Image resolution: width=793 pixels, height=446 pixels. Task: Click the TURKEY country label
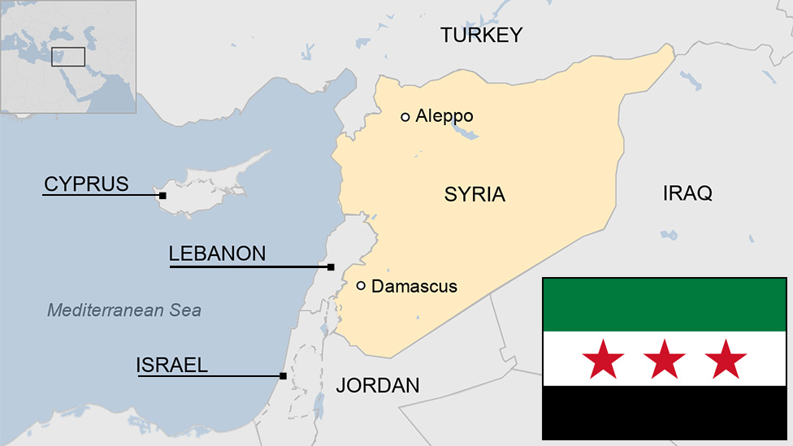pos(481,35)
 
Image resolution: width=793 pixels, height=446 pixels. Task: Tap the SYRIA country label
pos(474,195)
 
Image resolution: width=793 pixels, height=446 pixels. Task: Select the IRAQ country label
pos(687,193)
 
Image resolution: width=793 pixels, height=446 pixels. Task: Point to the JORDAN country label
pos(378,385)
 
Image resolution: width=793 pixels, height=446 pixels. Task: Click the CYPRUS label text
pos(86,184)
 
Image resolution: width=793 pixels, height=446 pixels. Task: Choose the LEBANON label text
pos(217,253)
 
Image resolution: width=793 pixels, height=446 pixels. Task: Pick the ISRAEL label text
pos(171,366)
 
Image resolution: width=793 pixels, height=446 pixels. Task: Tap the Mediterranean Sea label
pos(124,310)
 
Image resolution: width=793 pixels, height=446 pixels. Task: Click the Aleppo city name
pos(444,116)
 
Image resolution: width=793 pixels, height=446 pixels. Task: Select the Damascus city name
pos(414,286)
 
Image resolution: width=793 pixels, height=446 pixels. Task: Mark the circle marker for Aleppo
pos(405,117)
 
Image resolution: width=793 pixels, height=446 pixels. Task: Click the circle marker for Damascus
pos(361,285)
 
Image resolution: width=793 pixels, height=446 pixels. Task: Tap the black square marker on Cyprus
pos(162,196)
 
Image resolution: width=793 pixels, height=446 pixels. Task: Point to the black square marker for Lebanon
pos(331,267)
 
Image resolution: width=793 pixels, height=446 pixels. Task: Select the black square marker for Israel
pos(283,376)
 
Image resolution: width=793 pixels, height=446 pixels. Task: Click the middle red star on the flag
pos(665,359)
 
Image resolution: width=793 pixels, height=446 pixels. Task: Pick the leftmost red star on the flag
pos(604,359)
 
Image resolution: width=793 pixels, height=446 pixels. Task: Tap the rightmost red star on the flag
pos(726,359)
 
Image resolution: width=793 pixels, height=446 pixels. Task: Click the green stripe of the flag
pos(665,305)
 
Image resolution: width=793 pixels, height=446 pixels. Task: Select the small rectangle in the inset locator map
pos(68,56)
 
